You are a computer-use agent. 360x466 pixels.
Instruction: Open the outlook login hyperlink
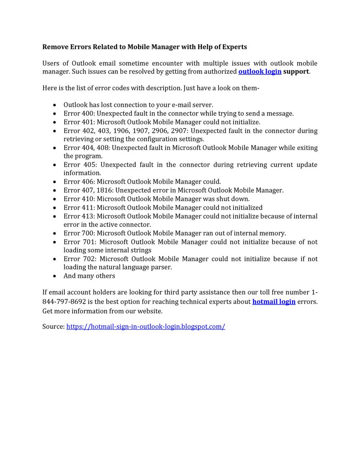click(x=260, y=72)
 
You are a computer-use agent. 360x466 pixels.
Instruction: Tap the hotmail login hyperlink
click(x=274, y=302)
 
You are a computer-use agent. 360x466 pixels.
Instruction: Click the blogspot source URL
click(x=146, y=326)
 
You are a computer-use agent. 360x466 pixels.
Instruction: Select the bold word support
click(x=296, y=72)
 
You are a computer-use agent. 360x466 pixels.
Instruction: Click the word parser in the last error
click(x=162, y=267)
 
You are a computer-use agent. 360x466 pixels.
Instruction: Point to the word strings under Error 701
click(x=140, y=250)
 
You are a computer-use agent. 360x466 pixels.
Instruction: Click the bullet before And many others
click(x=54, y=276)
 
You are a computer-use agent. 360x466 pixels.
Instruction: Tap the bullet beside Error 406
click(x=54, y=182)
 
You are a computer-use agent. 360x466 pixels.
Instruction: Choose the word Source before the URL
click(x=53, y=326)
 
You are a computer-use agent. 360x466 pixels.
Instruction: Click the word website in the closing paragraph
click(x=149, y=311)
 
